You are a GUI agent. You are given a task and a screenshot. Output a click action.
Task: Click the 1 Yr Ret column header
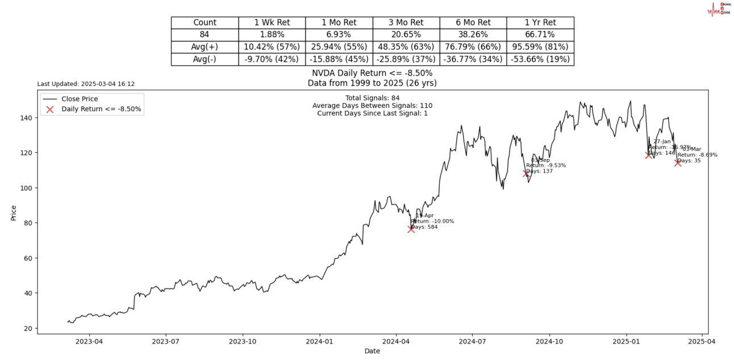[x=540, y=23]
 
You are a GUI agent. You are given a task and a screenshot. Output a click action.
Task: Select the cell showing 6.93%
[x=339, y=35]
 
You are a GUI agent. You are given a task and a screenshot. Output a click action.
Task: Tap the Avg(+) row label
[x=205, y=47]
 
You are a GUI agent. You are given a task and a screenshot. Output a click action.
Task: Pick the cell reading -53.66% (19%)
[x=540, y=59]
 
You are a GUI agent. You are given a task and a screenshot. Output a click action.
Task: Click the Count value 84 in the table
[x=205, y=35]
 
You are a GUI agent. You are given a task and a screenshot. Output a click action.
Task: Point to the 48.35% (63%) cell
[x=406, y=47]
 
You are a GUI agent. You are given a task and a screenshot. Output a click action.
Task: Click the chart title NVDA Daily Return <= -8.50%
[x=372, y=73]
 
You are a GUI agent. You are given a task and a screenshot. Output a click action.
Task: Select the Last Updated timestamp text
[x=86, y=84]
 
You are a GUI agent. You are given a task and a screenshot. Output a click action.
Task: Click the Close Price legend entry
[x=80, y=99]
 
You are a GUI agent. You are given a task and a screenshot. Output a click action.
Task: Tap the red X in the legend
[x=49, y=109]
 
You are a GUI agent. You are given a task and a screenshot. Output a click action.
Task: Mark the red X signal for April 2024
[x=411, y=229]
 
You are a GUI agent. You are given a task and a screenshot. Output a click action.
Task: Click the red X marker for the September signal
[x=527, y=173]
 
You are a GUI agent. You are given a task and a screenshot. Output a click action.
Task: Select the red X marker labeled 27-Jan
[x=649, y=154]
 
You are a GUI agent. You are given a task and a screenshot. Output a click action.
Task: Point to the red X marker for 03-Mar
[x=678, y=162]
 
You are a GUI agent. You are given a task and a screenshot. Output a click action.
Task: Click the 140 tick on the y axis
[x=27, y=118]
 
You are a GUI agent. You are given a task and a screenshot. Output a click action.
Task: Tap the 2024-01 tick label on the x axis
[x=319, y=341]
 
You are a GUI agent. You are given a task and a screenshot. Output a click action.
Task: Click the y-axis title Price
[x=14, y=212]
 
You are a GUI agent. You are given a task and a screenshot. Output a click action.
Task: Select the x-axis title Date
[x=372, y=351]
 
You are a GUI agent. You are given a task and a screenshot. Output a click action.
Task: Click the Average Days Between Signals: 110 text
[x=372, y=106]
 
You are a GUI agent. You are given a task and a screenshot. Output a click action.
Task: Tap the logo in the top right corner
[x=719, y=9]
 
